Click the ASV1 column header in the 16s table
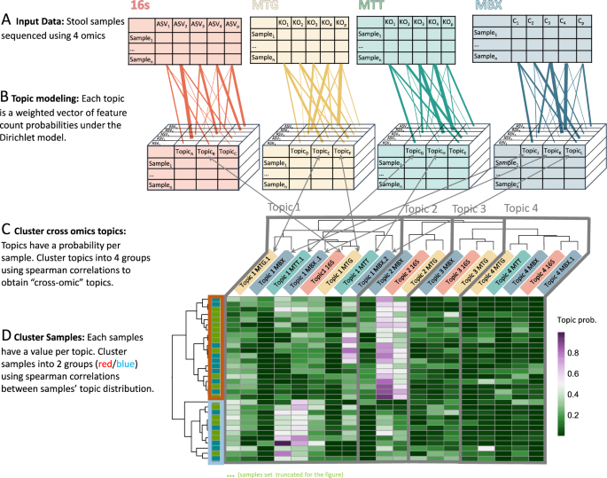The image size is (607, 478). pyautogui.click(x=162, y=24)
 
